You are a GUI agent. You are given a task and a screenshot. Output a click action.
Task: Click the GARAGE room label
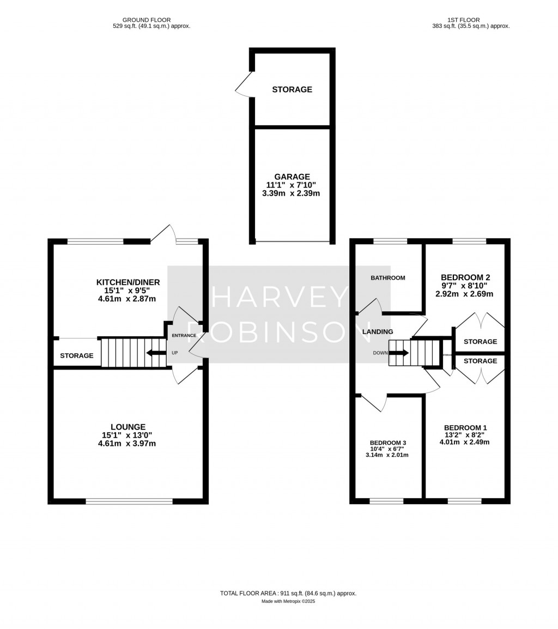pos(292,177)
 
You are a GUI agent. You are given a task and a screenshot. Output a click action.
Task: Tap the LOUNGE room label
pos(128,427)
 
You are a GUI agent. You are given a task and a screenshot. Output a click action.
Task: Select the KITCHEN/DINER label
pos(128,282)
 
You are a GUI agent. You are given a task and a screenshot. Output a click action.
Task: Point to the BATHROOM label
pos(388,278)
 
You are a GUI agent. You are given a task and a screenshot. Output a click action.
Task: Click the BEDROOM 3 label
pos(387,443)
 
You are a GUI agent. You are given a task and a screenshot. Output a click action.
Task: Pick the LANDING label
pos(377,331)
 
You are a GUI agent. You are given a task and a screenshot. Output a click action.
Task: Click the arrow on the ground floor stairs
pos(156,353)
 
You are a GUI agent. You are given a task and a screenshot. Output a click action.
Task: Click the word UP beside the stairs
pos(175,353)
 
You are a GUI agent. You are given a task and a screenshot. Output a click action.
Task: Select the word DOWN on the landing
pos(380,353)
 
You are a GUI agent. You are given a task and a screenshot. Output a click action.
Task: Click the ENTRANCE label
pos(184,335)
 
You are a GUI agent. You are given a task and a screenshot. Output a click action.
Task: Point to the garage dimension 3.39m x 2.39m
pos(292,193)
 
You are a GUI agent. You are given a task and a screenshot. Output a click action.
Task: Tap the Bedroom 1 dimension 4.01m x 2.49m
pos(464,442)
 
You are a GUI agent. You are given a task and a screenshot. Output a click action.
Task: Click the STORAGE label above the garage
pos(292,89)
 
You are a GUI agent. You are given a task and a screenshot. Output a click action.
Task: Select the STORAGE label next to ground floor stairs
pos(77,356)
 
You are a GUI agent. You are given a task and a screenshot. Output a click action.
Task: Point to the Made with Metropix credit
pos(288,601)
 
